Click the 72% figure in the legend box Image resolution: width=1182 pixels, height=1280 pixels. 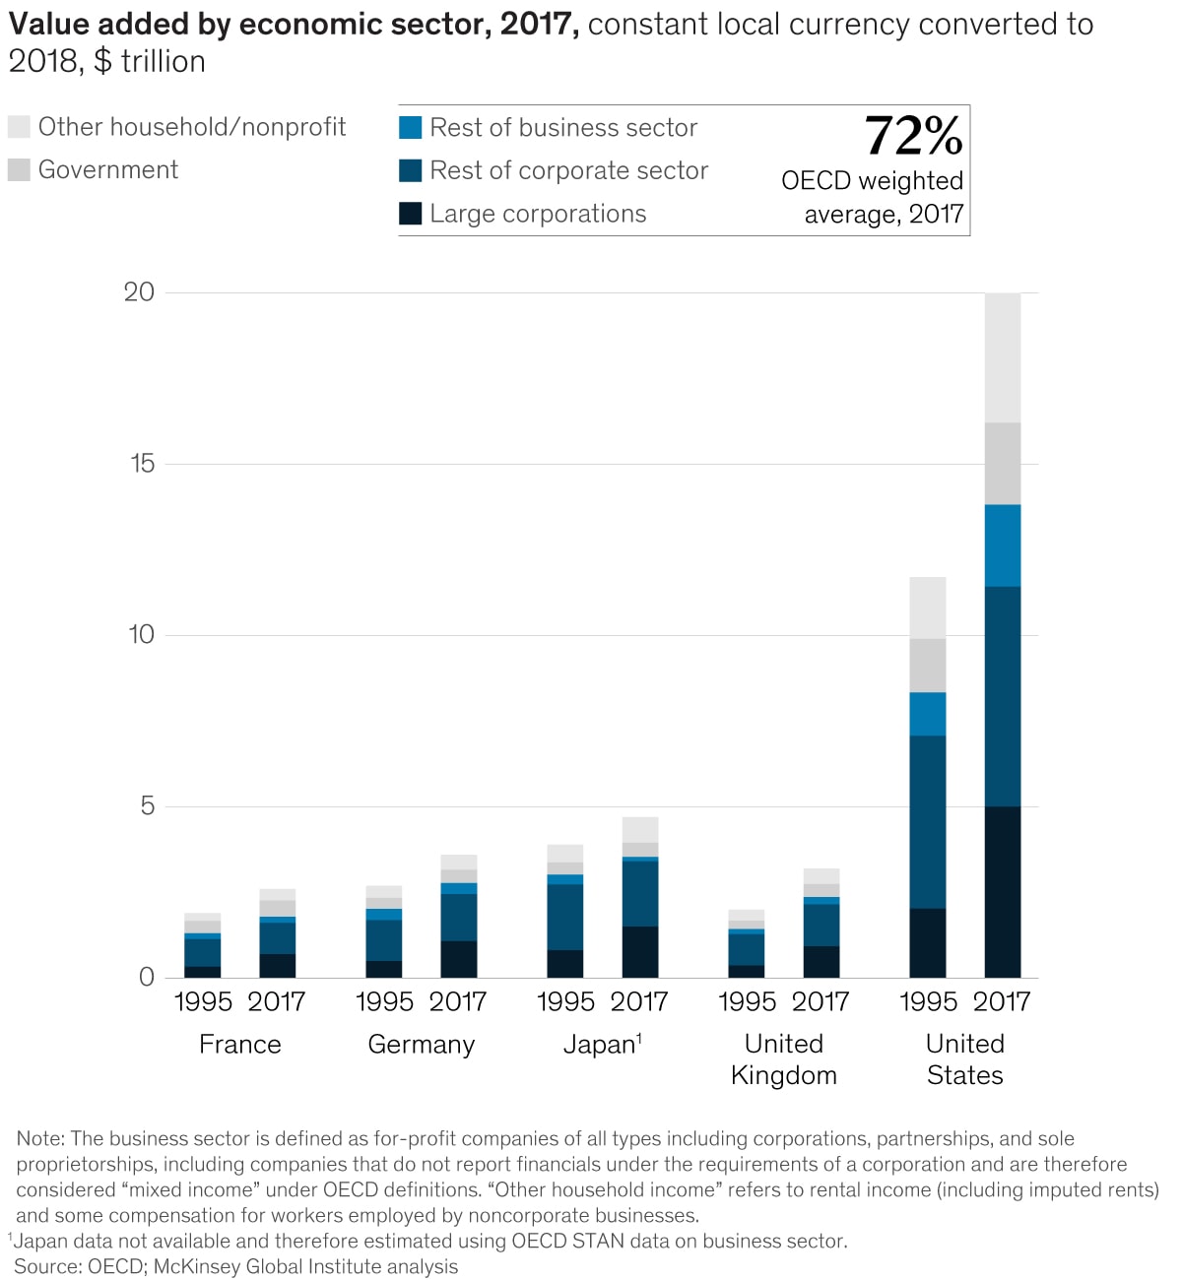[x=913, y=136]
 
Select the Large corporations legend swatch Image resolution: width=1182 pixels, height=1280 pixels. [x=411, y=214]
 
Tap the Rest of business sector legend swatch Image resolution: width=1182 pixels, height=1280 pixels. [x=411, y=128]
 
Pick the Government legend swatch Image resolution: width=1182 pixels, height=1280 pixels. [x=19, y=170]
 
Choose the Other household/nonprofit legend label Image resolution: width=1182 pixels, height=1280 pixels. [x=192, y=127]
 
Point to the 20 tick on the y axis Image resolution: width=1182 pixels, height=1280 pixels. [x=139, y=291]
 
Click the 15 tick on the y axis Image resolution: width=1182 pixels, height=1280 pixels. [x=142, y=463]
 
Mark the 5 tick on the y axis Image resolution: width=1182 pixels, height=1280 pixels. [x=147, y=805]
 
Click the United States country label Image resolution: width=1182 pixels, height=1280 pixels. [x=964, y=1059]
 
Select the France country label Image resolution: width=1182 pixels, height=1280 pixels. [x=239, y=1044]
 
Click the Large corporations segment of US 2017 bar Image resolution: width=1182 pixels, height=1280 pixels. [x=1003, y=891]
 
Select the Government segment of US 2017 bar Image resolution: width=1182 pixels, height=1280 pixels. [x=1003, y=464]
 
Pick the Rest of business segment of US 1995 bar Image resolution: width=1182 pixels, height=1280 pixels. [x=927, y=714]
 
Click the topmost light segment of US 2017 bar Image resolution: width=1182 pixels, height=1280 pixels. [x=1003, y=357]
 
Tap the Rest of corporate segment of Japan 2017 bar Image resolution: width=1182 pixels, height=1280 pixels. [x=640, y=893]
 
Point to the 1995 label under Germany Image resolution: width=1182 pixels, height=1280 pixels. [x=384, y=1001]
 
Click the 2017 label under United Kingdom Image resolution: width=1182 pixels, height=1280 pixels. [x=821, y=1001]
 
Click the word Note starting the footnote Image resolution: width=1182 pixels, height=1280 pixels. [x=39, y=1139]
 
